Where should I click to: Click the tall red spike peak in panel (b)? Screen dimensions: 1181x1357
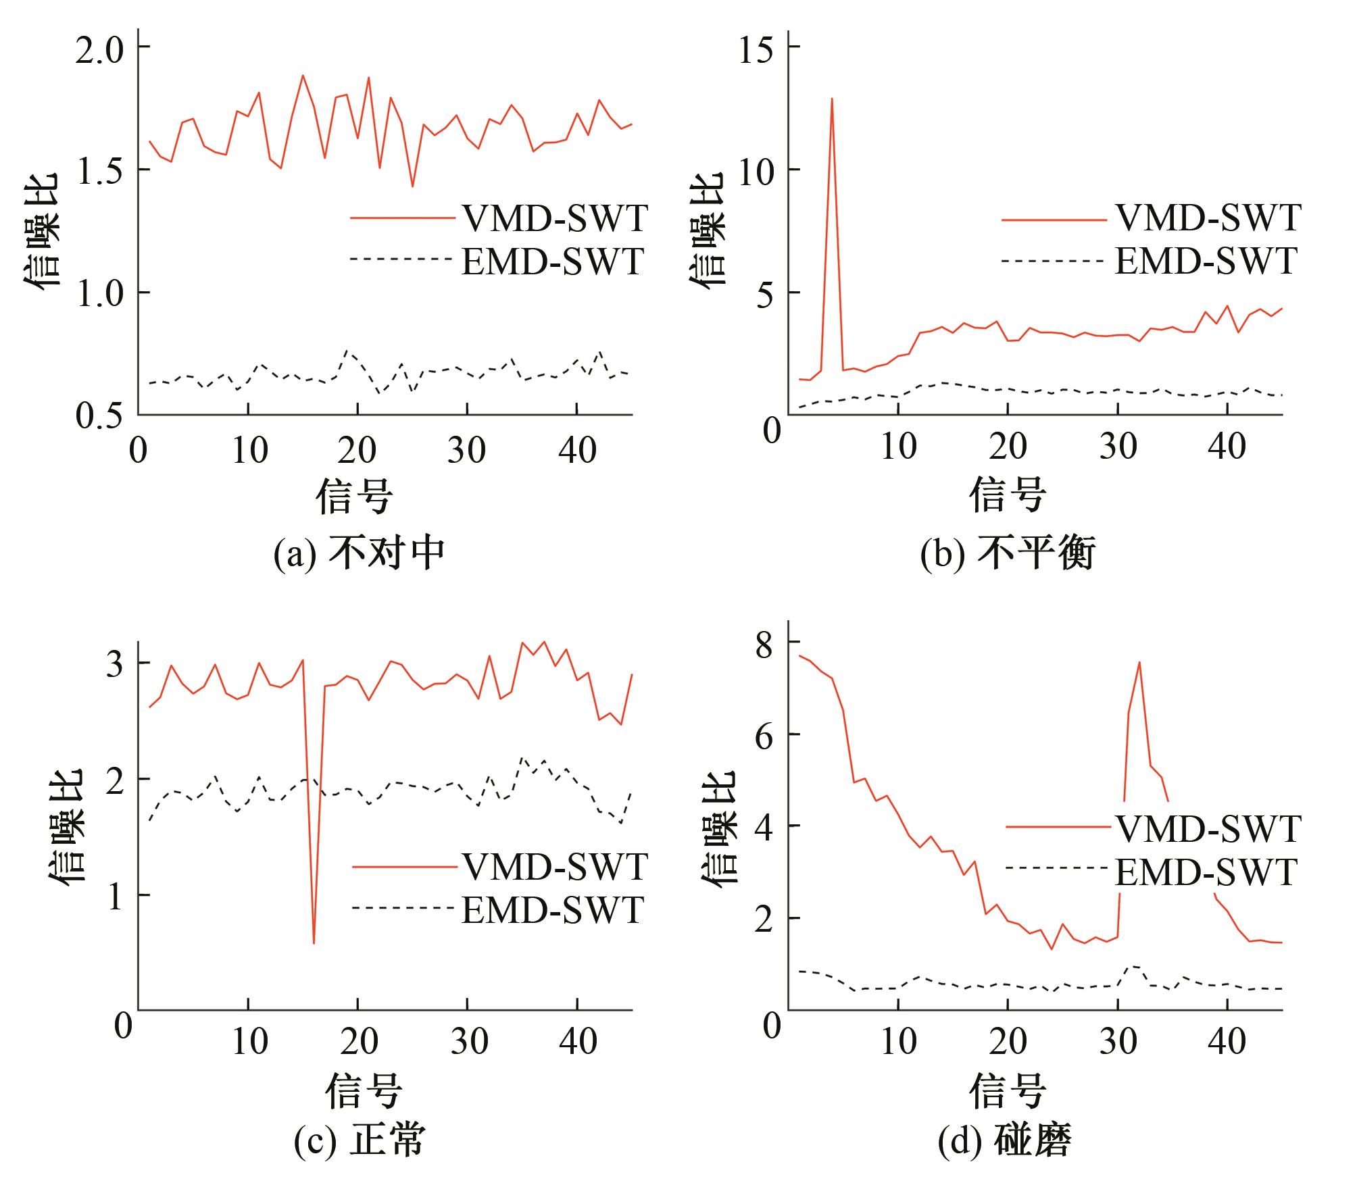pos(832,99)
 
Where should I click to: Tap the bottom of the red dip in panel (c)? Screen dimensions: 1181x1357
pos(314,943)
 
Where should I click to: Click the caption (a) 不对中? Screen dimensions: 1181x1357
pos(360,553)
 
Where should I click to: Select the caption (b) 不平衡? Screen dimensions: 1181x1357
pos(1008,553)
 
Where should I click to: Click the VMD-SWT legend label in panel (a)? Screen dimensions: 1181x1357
pos(554,218)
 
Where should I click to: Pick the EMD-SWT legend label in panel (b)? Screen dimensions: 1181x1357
pos(1206,261)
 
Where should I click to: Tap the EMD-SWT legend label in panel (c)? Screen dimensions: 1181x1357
pos(552,910)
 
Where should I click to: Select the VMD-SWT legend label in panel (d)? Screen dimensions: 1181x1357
pos(1208,828)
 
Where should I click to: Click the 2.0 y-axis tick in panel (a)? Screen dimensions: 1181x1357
pos(102,47)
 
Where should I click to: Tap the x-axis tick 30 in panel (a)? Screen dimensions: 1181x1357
pos(467,449)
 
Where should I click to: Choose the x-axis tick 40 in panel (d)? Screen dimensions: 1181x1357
pos(1227,1041)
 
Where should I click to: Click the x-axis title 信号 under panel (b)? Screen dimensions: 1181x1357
pos(1008,495)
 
